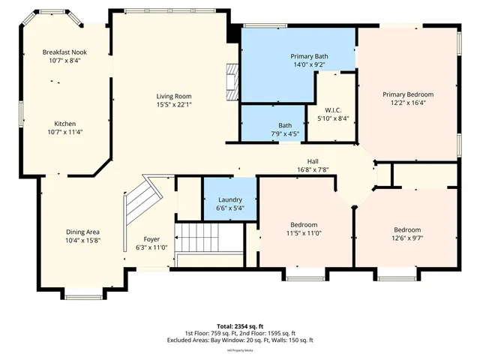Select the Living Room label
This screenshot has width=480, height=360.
click(174, 96)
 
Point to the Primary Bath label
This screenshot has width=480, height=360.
click(309, 56)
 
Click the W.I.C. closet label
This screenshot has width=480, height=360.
click(334, 110)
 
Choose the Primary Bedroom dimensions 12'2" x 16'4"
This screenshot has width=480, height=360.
click(408, 103)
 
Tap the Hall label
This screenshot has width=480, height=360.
click(313, 161)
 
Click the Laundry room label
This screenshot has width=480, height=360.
click(229, 200)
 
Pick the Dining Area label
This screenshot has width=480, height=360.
click(82, 232)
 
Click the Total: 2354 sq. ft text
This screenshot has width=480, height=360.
click(239, 326)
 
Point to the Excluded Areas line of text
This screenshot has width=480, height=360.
click(239, 340)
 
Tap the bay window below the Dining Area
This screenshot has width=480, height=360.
click(77, 293)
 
